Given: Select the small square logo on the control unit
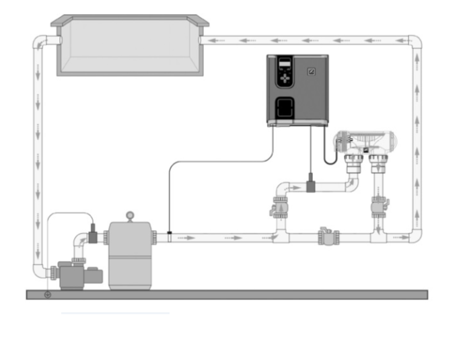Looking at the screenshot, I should [x=311, y=71].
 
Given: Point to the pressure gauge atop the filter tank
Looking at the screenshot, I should [x=130, y=216].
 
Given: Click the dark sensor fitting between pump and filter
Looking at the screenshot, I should [x=92, y=236].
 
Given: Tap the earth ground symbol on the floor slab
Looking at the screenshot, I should [x=47, y=295].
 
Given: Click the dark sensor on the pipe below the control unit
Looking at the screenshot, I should [x=311, y=184].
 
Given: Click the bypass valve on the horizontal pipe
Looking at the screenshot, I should [x=328, y=237].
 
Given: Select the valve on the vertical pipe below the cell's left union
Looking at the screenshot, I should [x=278, y=209].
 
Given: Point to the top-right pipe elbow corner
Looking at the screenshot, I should [x=415, y=43].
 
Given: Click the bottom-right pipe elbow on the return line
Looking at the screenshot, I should [x=415, y=236].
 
